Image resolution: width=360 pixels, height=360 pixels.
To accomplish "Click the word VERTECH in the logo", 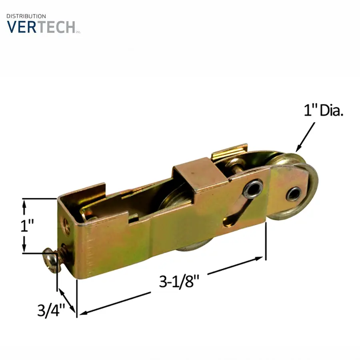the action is point(41,27).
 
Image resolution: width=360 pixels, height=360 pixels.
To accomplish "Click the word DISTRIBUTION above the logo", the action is point(26,16).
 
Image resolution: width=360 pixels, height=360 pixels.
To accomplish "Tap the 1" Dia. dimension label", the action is point(324,110).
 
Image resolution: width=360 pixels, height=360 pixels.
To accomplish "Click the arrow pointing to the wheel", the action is point(306,137).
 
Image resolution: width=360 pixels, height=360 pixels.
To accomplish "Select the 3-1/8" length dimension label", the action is point(179,282).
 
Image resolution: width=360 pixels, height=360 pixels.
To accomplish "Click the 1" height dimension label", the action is point(27,226).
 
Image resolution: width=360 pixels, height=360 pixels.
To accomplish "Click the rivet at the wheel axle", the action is point(294,194).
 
